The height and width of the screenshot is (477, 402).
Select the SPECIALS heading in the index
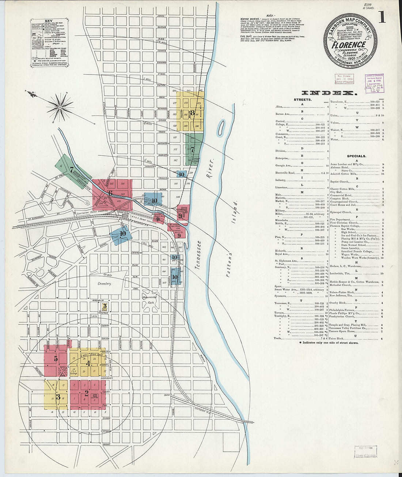pos(356,156)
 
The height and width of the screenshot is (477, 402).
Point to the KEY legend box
pos(49,43)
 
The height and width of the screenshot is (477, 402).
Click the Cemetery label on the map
pos(104,283)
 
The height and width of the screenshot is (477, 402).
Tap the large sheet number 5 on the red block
pos(56,359)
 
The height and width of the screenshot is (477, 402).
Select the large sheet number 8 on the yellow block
pos(193,113)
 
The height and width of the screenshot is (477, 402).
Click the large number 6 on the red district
pos(110,193)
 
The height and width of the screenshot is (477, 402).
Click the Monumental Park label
pos(149,300)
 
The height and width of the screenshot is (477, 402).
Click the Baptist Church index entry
pos(340,181)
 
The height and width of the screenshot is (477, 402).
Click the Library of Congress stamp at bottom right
pos(366,452)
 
